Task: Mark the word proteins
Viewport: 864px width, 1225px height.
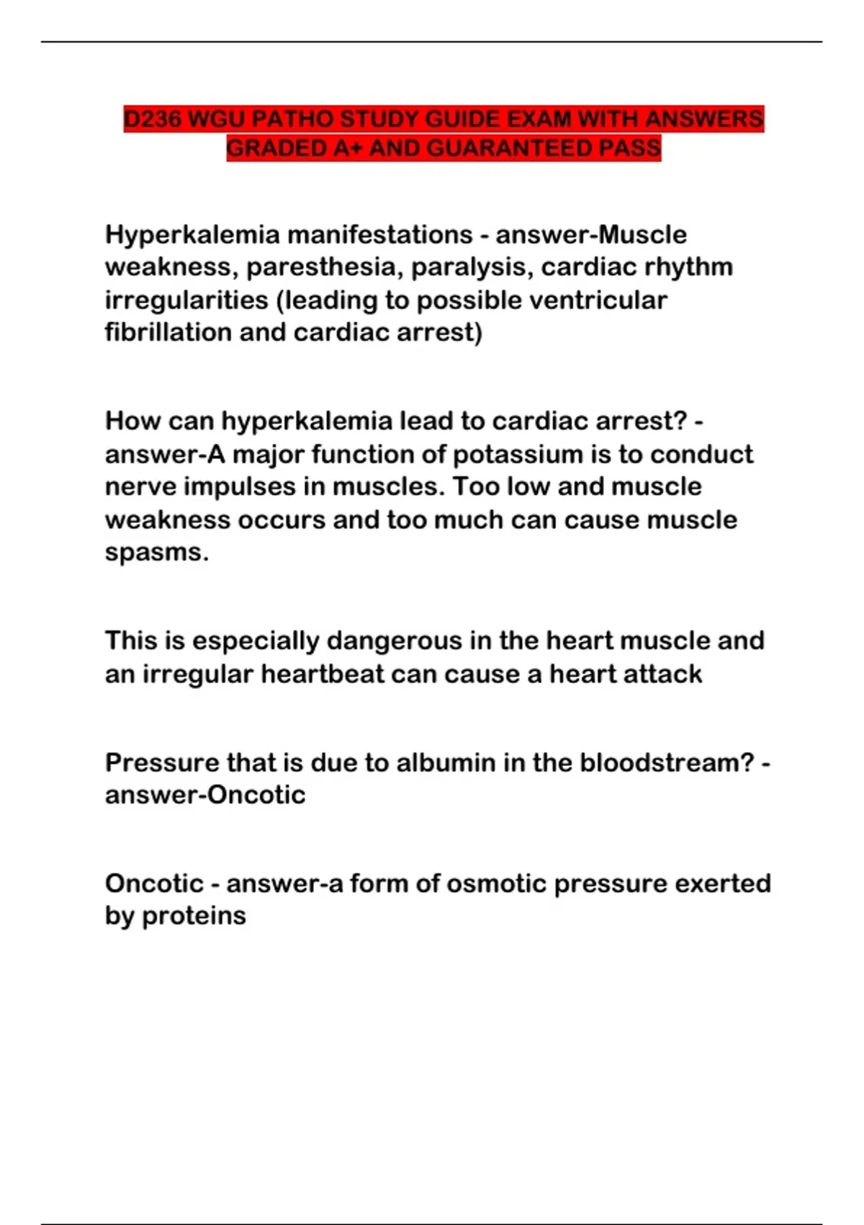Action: [194, 917]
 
